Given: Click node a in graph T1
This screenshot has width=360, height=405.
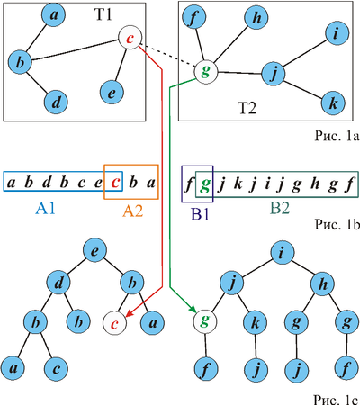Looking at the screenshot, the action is tap(54, 15).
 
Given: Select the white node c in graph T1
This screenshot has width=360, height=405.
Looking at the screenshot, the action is tap(130, 38).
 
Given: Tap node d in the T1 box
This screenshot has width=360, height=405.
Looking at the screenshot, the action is tap(56, 102).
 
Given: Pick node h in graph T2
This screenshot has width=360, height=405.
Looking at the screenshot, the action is tap(256, 18).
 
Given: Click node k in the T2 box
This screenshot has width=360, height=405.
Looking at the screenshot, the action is tap(333, 103).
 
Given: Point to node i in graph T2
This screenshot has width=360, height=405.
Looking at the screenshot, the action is tap(337, 33).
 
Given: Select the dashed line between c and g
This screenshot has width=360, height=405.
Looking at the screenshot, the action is tap(168, 56).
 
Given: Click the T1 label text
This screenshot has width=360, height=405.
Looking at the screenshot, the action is tap(103, 14).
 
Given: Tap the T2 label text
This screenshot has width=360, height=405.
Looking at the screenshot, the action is tap(247, 108).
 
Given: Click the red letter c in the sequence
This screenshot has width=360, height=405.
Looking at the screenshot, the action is tap(115, 183).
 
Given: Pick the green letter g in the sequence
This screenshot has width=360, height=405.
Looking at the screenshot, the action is tap(204, 184).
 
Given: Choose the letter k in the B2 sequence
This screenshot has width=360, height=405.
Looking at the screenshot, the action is tap(238, 183).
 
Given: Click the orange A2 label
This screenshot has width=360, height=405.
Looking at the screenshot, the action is tap(132, 211).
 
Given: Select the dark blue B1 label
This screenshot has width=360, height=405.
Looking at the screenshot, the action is tap(200, 214).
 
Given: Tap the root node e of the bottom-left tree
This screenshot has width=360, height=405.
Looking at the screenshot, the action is tap(94, 250).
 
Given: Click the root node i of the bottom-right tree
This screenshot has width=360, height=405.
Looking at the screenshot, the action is tap(281, 253).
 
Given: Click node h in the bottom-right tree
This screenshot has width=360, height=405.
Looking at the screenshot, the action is tap(323, 283).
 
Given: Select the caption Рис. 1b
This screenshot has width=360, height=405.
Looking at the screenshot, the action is tap(337, 224).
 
